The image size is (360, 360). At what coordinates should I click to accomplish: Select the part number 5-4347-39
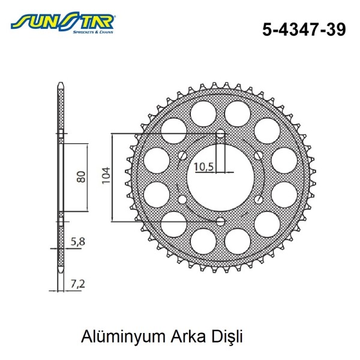coord(304,29)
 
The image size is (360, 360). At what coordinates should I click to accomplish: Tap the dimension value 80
coord(80,177)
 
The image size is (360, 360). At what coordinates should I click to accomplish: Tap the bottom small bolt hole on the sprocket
coord(220,222)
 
